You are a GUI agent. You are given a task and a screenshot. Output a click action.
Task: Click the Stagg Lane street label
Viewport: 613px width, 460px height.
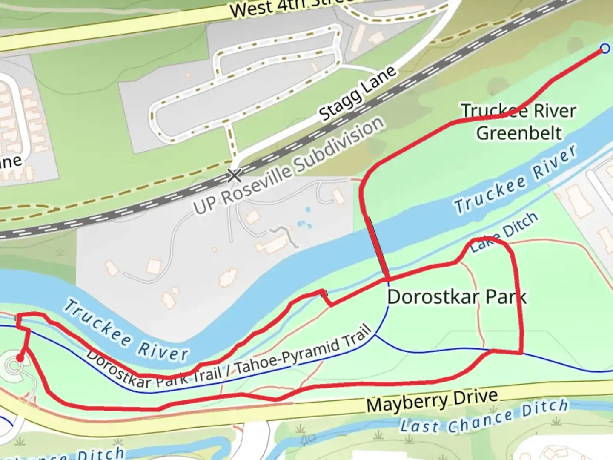(x=358, y=94)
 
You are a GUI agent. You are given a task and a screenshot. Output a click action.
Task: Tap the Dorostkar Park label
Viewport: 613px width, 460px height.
(x=456, y=297)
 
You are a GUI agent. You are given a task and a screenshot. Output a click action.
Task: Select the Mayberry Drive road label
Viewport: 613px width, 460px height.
(x=432, y=401)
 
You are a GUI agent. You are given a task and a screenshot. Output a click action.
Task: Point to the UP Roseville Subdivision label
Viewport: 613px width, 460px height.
(x=289, y=166)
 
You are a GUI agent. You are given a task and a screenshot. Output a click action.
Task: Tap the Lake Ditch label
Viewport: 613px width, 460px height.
(x=504, y=233)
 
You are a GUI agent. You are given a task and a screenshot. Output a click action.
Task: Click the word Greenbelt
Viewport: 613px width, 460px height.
(x=519, y=133)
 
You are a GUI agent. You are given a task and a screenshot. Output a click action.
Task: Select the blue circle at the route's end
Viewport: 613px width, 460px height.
(x=604, y=49)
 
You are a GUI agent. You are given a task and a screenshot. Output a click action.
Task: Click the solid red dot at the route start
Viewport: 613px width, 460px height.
(x=19, y=358)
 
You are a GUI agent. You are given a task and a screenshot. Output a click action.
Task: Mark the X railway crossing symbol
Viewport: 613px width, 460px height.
(x=235, y=175)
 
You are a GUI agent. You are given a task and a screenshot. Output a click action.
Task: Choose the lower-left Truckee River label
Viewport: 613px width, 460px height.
(x=126, y=331)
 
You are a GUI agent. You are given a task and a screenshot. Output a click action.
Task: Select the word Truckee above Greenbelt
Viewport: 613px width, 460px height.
(x=494, y=111)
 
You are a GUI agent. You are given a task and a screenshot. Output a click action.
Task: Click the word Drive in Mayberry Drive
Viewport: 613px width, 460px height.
(x=475, y=398)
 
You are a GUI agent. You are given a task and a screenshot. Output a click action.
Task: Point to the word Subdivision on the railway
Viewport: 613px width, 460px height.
(x=339, y=145)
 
